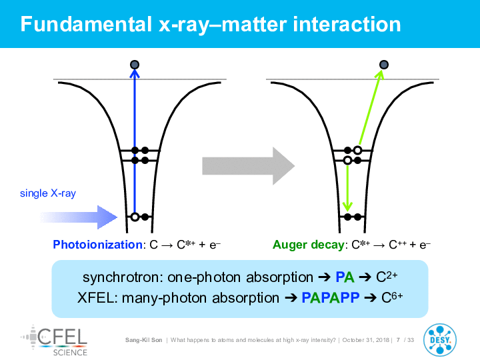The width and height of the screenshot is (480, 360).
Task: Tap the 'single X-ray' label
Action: (x=48, y=193)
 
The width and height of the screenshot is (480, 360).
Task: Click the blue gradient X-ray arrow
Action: (x=79, y=217)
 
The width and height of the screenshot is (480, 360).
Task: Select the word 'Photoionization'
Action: (x=97, y=245)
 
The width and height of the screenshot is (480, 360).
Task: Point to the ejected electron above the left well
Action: (x=135, y=65)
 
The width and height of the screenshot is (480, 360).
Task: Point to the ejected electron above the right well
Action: (x=384, y=65)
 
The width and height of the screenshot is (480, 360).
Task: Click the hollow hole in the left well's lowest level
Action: (x=135, y=217)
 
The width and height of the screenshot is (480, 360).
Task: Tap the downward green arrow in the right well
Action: (x=347, y=187)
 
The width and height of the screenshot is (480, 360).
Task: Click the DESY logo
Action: (x=440, y=340)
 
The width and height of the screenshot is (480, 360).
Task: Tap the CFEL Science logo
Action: (x=54, y=341)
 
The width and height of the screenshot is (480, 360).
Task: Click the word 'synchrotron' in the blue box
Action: (x=121, y=277)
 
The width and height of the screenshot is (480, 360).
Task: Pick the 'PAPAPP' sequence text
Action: (x=331, y=297)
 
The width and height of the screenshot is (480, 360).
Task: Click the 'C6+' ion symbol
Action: (x=392, y=297)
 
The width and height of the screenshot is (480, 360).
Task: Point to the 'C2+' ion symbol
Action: (x=387, y=277)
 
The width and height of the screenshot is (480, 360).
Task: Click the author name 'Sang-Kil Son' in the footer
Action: (x=143, y=340)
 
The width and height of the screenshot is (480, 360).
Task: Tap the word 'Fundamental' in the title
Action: (x=86, y=24)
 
